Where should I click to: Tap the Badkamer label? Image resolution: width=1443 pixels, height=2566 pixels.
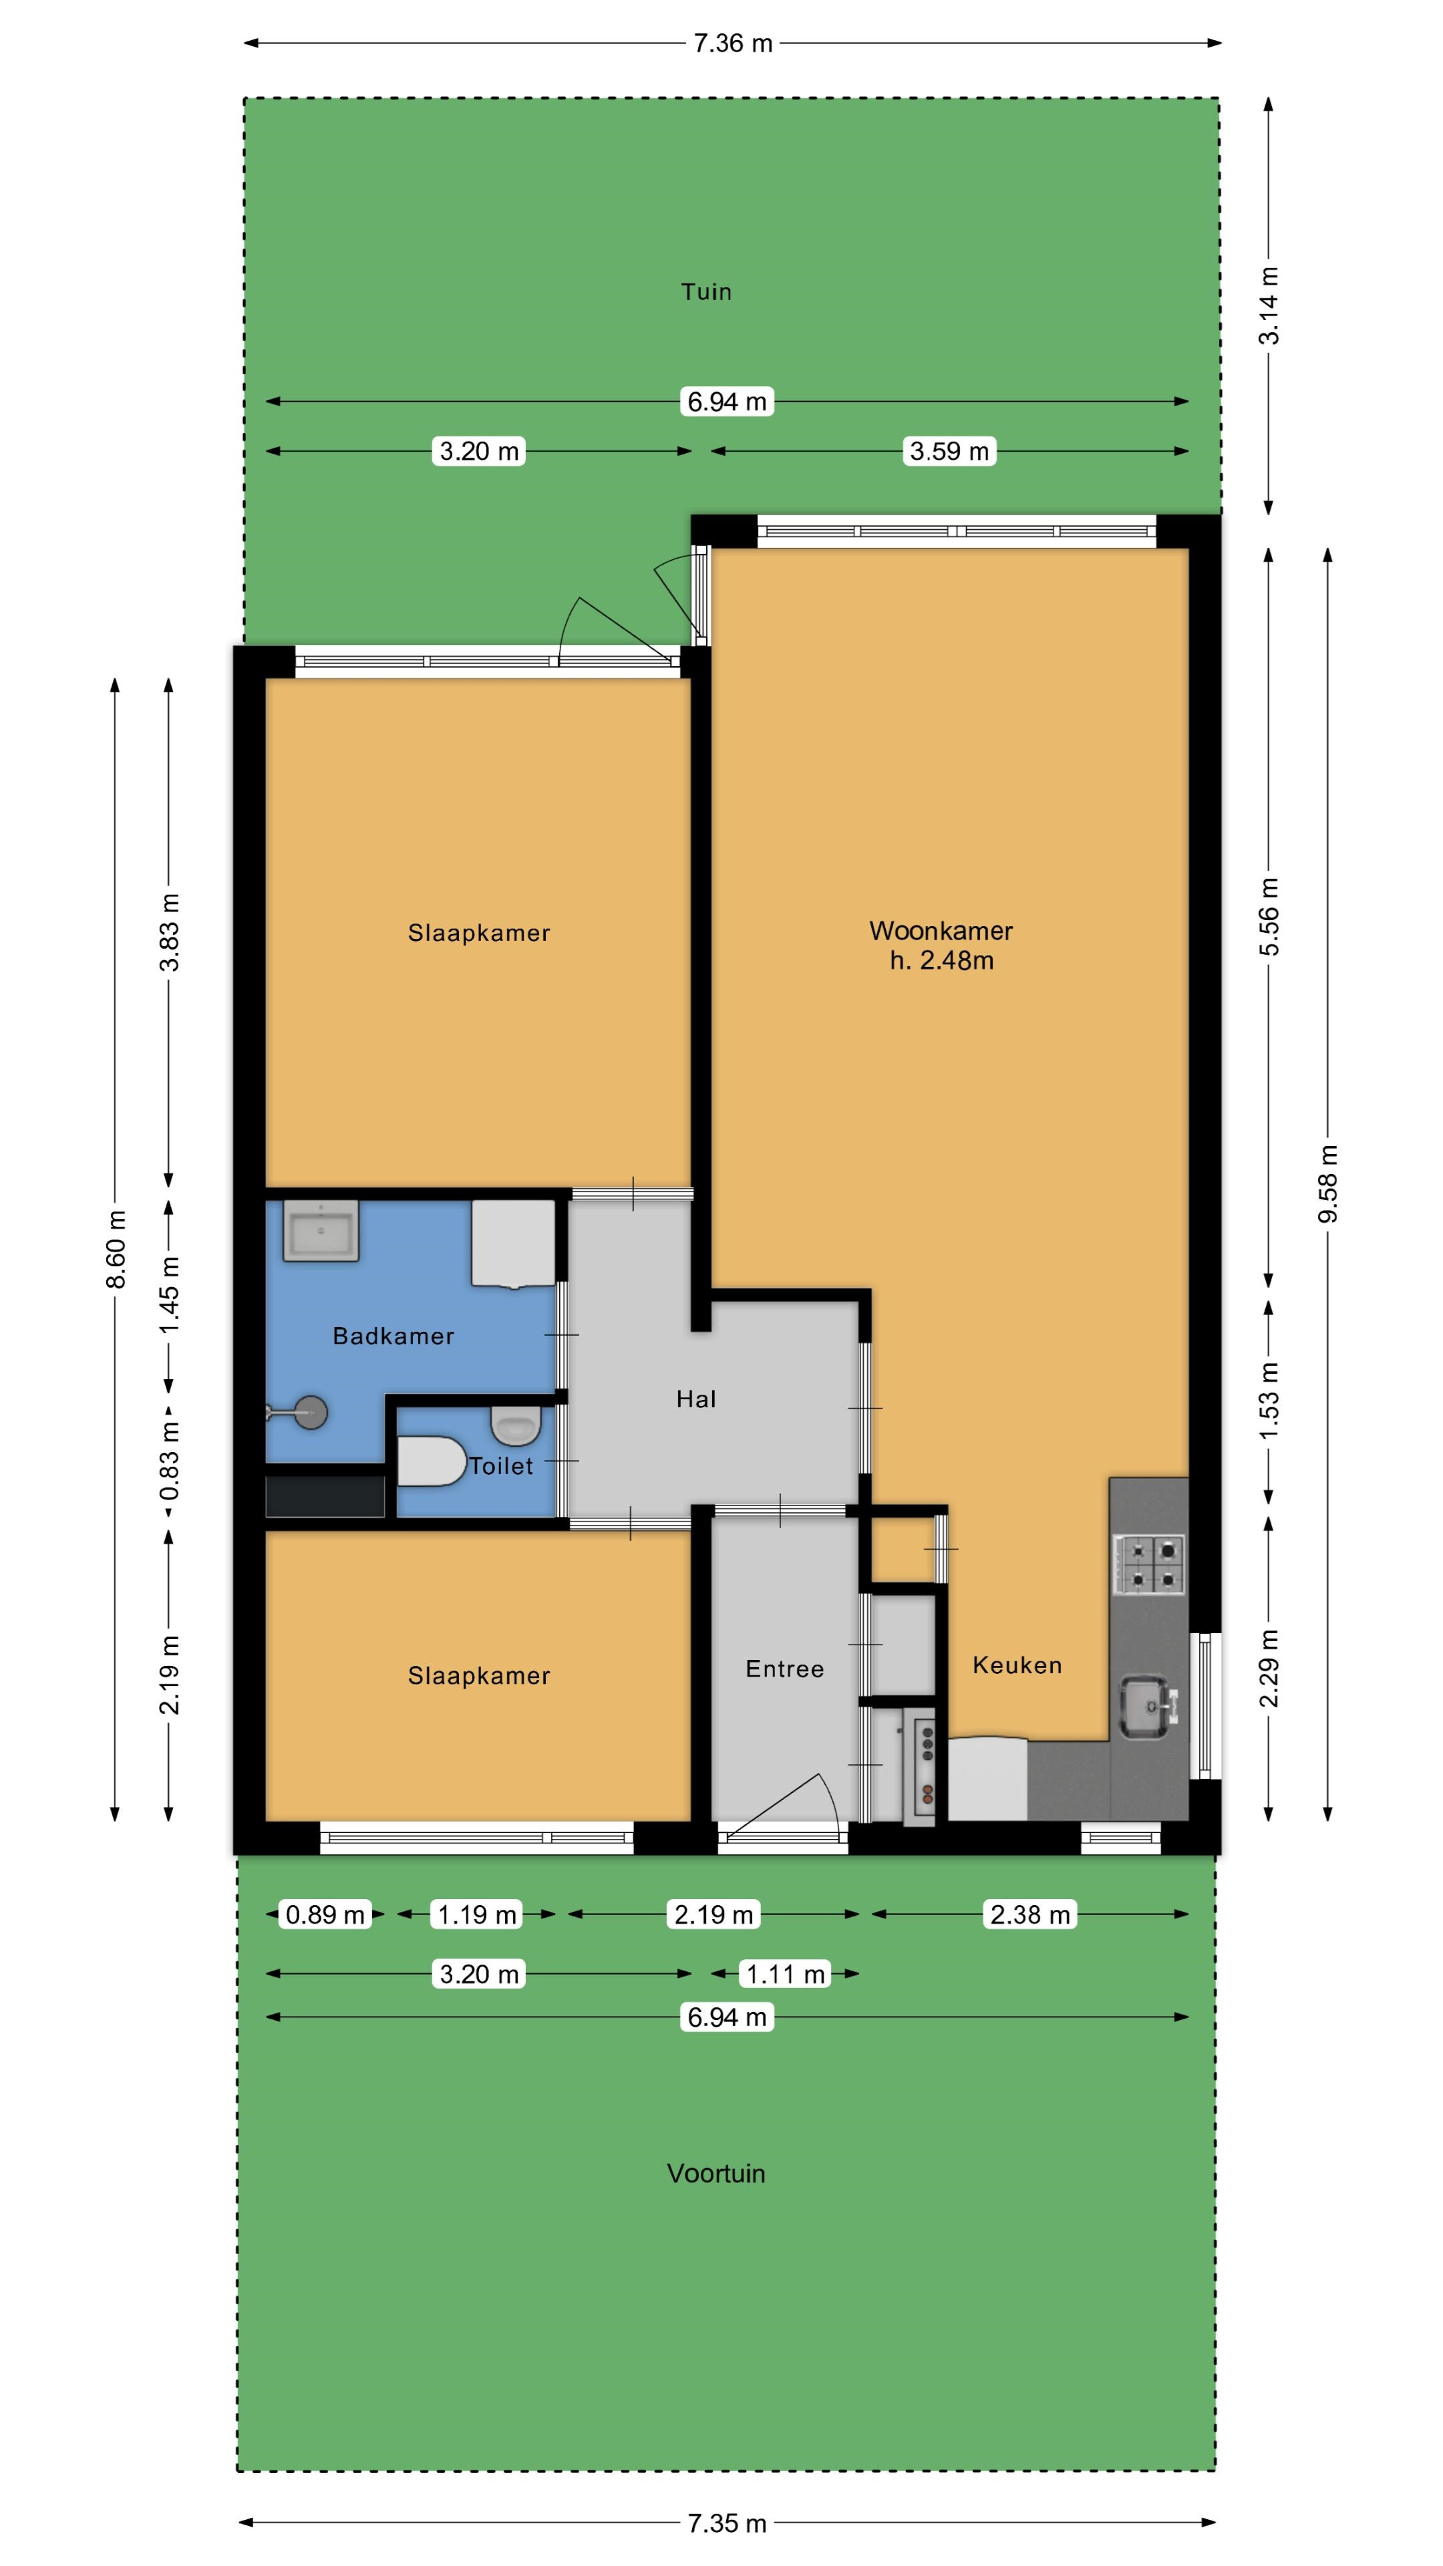(393, 1336)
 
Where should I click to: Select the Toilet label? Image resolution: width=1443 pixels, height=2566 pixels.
(502, 1466)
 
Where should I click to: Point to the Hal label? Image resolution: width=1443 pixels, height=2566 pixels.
(696, 1399)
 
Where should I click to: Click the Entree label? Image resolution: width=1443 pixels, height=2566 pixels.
(785, 1669)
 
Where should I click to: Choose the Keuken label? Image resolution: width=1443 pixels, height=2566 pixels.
(1017, 1665)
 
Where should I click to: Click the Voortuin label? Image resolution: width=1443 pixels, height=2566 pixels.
(716, 2174)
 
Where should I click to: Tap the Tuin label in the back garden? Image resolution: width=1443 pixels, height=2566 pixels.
(706, 292)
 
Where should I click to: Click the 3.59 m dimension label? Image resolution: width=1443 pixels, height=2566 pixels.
(949, 451)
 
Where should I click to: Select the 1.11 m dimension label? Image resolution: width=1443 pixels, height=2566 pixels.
(786, 1973)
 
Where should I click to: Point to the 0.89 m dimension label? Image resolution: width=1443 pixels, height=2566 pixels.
(325, 1914)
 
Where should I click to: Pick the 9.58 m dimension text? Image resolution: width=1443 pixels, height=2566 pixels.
(1327, 1183)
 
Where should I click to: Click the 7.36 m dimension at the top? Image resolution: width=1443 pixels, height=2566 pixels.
(733, 43)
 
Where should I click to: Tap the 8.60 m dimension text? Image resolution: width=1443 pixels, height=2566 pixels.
(116, 1249)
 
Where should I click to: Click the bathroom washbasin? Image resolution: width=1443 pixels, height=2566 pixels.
(321, 1231)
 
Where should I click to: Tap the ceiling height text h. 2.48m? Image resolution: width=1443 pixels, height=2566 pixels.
(941, 960)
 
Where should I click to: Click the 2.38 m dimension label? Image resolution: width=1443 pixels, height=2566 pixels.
(1029, 1914)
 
